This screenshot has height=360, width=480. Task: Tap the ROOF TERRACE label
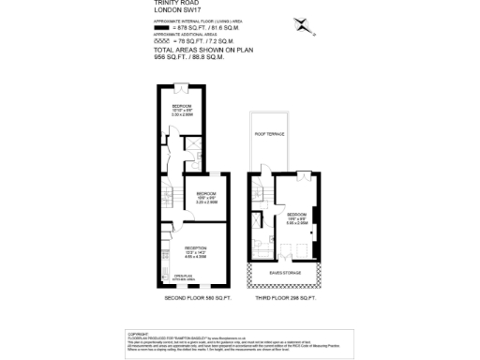(x=270, y=134)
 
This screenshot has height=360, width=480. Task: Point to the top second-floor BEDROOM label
(x=182, y=107)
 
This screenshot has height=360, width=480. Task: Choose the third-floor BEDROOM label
(x=295, y=214)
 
